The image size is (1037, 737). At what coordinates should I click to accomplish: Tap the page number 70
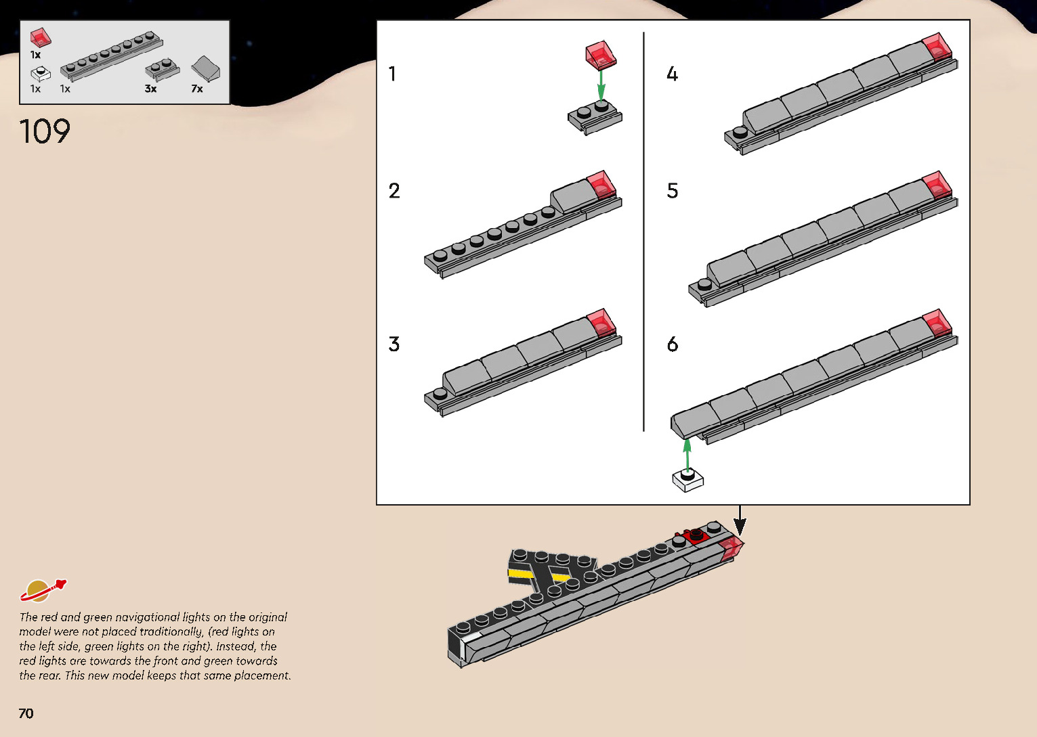(26, 713)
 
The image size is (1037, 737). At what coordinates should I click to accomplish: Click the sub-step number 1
(392, 74)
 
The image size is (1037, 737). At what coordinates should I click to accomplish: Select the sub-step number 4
(672, 74)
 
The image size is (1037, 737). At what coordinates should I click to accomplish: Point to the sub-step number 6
(673, 344)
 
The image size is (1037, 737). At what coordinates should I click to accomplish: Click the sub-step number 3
(394, 344)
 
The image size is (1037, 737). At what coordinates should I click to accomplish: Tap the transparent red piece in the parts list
(41, 37)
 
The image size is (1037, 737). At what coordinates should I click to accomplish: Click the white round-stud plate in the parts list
(41, 74)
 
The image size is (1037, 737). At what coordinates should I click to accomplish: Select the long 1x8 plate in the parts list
(112, 56)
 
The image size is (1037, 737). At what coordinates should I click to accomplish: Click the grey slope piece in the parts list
(205, 68)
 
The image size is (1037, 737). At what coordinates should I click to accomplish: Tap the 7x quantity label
(196, 89)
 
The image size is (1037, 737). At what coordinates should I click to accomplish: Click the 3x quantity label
(150, 89)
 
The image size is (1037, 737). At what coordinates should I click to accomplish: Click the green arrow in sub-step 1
(601, 86)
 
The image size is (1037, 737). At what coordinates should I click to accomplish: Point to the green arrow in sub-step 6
(687, 455)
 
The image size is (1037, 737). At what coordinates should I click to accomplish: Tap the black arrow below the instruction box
(740, 521)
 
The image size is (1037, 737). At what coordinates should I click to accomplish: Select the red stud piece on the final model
(694, 535)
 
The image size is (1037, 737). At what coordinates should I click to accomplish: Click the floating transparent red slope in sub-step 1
(601, 55)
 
